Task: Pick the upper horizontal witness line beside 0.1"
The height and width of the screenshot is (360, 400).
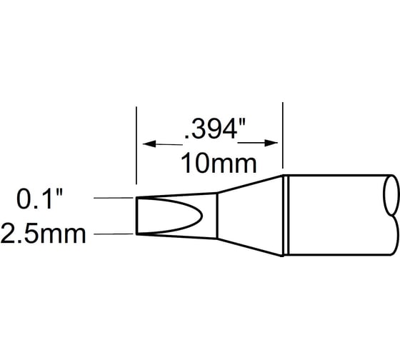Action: (115, 198)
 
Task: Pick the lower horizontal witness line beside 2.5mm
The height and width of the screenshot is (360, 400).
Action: (115, 234)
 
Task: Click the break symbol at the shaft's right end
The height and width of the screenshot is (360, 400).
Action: (391, 214)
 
